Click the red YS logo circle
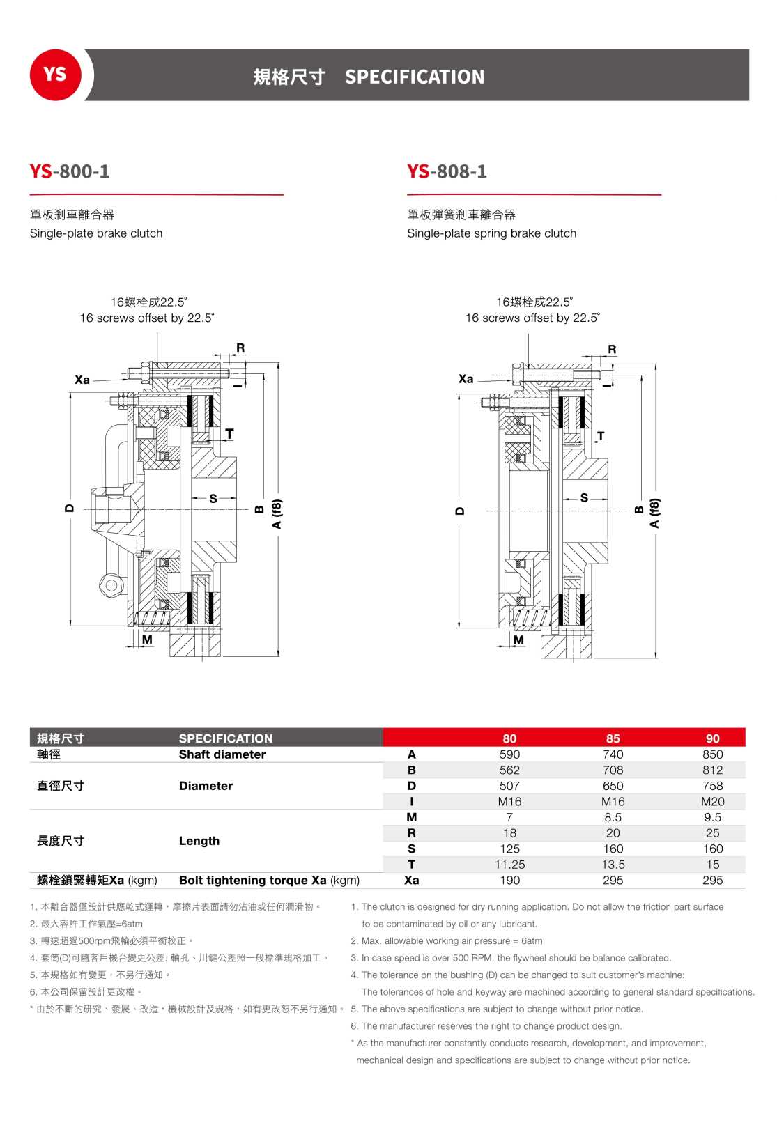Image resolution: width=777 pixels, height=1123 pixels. pyautogui.click(x=55, y=75)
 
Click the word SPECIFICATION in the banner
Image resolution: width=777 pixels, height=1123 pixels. pyautogui.click(x=414, y=77)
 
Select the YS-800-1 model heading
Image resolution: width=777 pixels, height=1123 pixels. pyautogui.click(x=70, y=171)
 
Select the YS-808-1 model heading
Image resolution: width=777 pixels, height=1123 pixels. pyautogui.click(x=447, y=171)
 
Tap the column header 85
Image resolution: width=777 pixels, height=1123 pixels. pyautogui.click(x=613, y=738)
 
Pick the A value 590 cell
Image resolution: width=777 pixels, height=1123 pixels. pyautogui.click(x=509, y=754)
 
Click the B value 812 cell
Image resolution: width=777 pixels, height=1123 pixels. pyautogui.click(x=712, y=770)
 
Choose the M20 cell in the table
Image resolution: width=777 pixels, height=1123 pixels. pyautogui.click(x=712, y=802)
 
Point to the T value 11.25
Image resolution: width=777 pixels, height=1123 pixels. pyautogui.click(x=509, y=865)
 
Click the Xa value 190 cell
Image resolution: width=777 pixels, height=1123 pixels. pyautogui.click(x=509, y=881)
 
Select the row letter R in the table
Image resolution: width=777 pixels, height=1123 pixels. pyautogui.click(x=411, y=833)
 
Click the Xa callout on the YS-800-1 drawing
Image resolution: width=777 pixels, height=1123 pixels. pyautogui.click(x=82, y=380)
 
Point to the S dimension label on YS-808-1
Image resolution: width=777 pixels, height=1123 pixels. pyautogui.click(x=584, y=498)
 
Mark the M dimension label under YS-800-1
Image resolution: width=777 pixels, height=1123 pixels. pyautogui.click(x=147, y=640)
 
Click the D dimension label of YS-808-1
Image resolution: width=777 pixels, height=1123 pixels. pyautogui.click(x=459, y=511)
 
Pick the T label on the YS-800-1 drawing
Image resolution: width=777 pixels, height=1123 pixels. pyautogui.click(x=229, y=434)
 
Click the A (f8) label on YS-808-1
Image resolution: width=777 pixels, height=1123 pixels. pyautogui.click(x=654, y=513)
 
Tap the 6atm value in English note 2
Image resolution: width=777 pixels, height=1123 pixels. pyautogui.click(x=532, y=941)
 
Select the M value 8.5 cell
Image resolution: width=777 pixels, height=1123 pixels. pyautogui.click(x=613, y=817)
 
